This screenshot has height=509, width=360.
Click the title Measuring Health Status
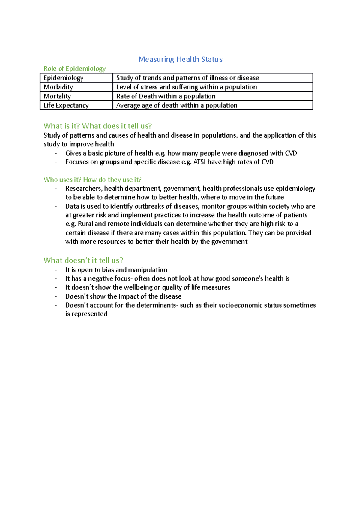click(180, 59)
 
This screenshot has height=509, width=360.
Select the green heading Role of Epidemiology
click(74, 69)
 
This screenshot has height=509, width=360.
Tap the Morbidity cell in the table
click(58, 87)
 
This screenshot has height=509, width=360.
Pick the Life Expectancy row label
click(66, 105)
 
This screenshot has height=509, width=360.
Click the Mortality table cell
click(57, 96)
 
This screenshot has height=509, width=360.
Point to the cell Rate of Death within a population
click(166, 96)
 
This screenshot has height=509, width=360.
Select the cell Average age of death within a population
click(177, 105)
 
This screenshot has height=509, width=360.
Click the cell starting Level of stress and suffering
click(187, 87)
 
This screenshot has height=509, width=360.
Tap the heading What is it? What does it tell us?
click(98, 126)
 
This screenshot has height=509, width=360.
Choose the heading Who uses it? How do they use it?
click(92, 180)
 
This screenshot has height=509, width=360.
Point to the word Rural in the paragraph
click(85, 224)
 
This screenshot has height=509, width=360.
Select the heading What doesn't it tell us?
click(83, 260)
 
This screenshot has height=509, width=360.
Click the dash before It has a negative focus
click(56, 279)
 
